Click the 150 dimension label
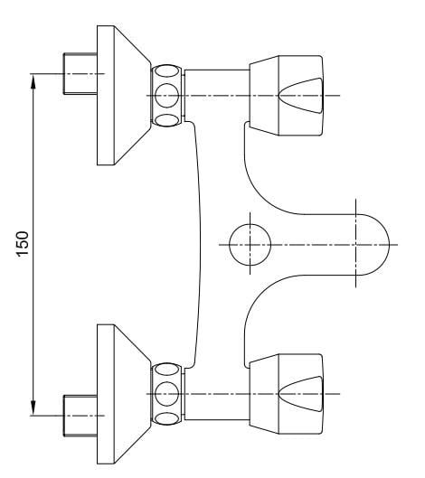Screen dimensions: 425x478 (23, 244)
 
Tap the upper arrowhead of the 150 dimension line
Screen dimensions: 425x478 (33, 81)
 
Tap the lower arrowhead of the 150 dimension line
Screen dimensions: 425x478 (33, 408)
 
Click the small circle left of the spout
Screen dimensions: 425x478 (250, 245)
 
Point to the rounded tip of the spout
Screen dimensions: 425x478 (390, 245)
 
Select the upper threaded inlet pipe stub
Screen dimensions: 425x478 (80, 74)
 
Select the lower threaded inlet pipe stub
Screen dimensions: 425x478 (80, 416)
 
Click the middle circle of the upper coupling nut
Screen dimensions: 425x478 (166, 96)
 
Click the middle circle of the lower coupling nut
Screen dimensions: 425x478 (166, 394)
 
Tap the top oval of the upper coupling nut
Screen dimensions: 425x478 (166, 71)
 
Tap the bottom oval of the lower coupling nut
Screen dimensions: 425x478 (166, 418)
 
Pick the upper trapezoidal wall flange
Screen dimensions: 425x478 (124, 96)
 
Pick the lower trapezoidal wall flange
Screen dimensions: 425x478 (124, 394)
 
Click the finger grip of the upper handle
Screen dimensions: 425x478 (301, 96)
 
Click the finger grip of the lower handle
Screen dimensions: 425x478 (301, 394)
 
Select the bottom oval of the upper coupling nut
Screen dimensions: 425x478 (166, 120)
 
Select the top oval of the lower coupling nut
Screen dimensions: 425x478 (166, 370)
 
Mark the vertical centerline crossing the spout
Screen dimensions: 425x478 (355, 243)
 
